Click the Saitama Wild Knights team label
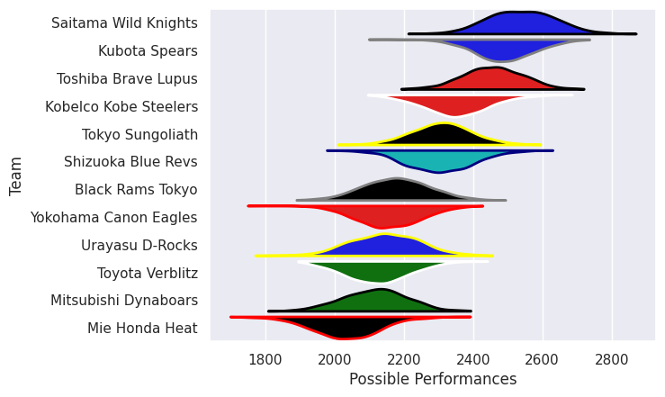[124, 23]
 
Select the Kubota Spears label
[148, 50]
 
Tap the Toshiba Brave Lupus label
[127, 78]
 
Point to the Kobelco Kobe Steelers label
[121, 106]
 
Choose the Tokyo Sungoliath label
[139, 134]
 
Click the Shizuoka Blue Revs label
[130, 162]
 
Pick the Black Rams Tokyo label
[136, 190]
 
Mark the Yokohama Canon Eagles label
[113, 218]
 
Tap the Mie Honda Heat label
[142, 329]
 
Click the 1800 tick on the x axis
[265, 358]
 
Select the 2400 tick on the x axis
[473, 358]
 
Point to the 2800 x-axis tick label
[612, 358]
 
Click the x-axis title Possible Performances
[433, 380]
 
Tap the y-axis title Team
[16, 176]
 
